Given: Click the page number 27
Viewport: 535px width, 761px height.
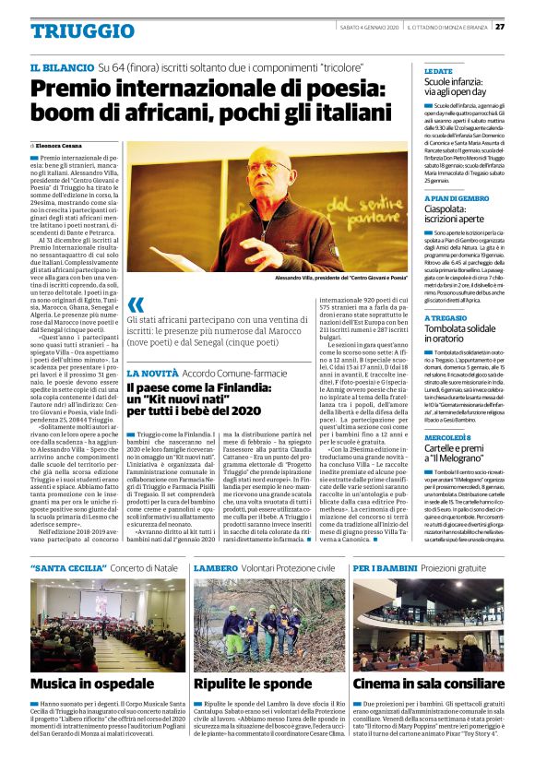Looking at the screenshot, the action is (524, 26).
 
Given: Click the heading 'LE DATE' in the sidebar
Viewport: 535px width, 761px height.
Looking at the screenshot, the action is (439, 71).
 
